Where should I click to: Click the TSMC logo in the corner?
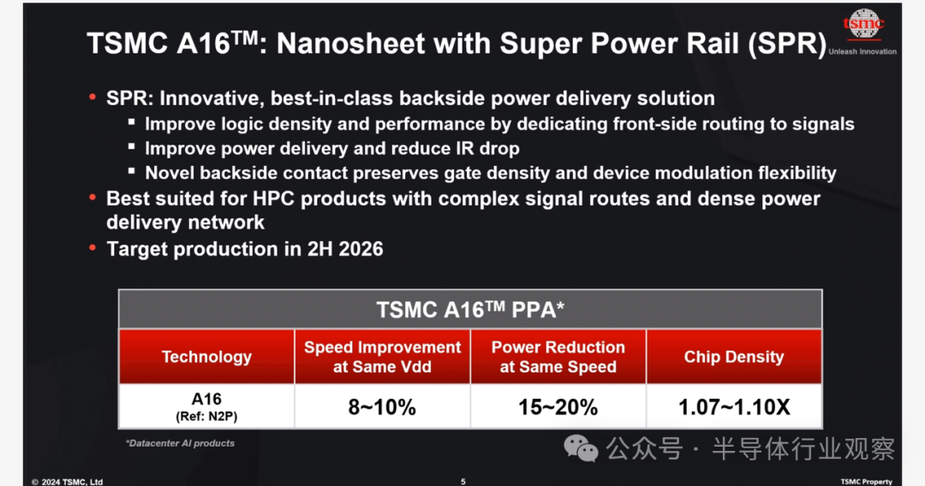pos(863,24)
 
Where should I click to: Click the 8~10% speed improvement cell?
pos(382,407)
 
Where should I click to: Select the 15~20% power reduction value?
pos(558,407)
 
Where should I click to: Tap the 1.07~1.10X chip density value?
pos(734,407)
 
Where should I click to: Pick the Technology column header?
pos(206,357)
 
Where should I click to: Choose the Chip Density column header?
pos(734,357)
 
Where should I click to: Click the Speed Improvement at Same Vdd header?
pos(382,357)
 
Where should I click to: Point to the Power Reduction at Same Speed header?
pos(558,357)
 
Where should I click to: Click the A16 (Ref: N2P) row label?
pos(206,407)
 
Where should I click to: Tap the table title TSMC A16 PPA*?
pos(470,309)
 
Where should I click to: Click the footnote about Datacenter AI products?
pos(180,443)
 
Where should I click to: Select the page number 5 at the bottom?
pos(463,482)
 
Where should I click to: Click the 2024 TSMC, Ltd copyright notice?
pos(68,482)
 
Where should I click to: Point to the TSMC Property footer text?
pos(866,482)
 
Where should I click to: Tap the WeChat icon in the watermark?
pos(581,449)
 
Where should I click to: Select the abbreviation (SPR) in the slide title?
pos(787,44)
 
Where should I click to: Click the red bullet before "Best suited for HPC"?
pos(92,198)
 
